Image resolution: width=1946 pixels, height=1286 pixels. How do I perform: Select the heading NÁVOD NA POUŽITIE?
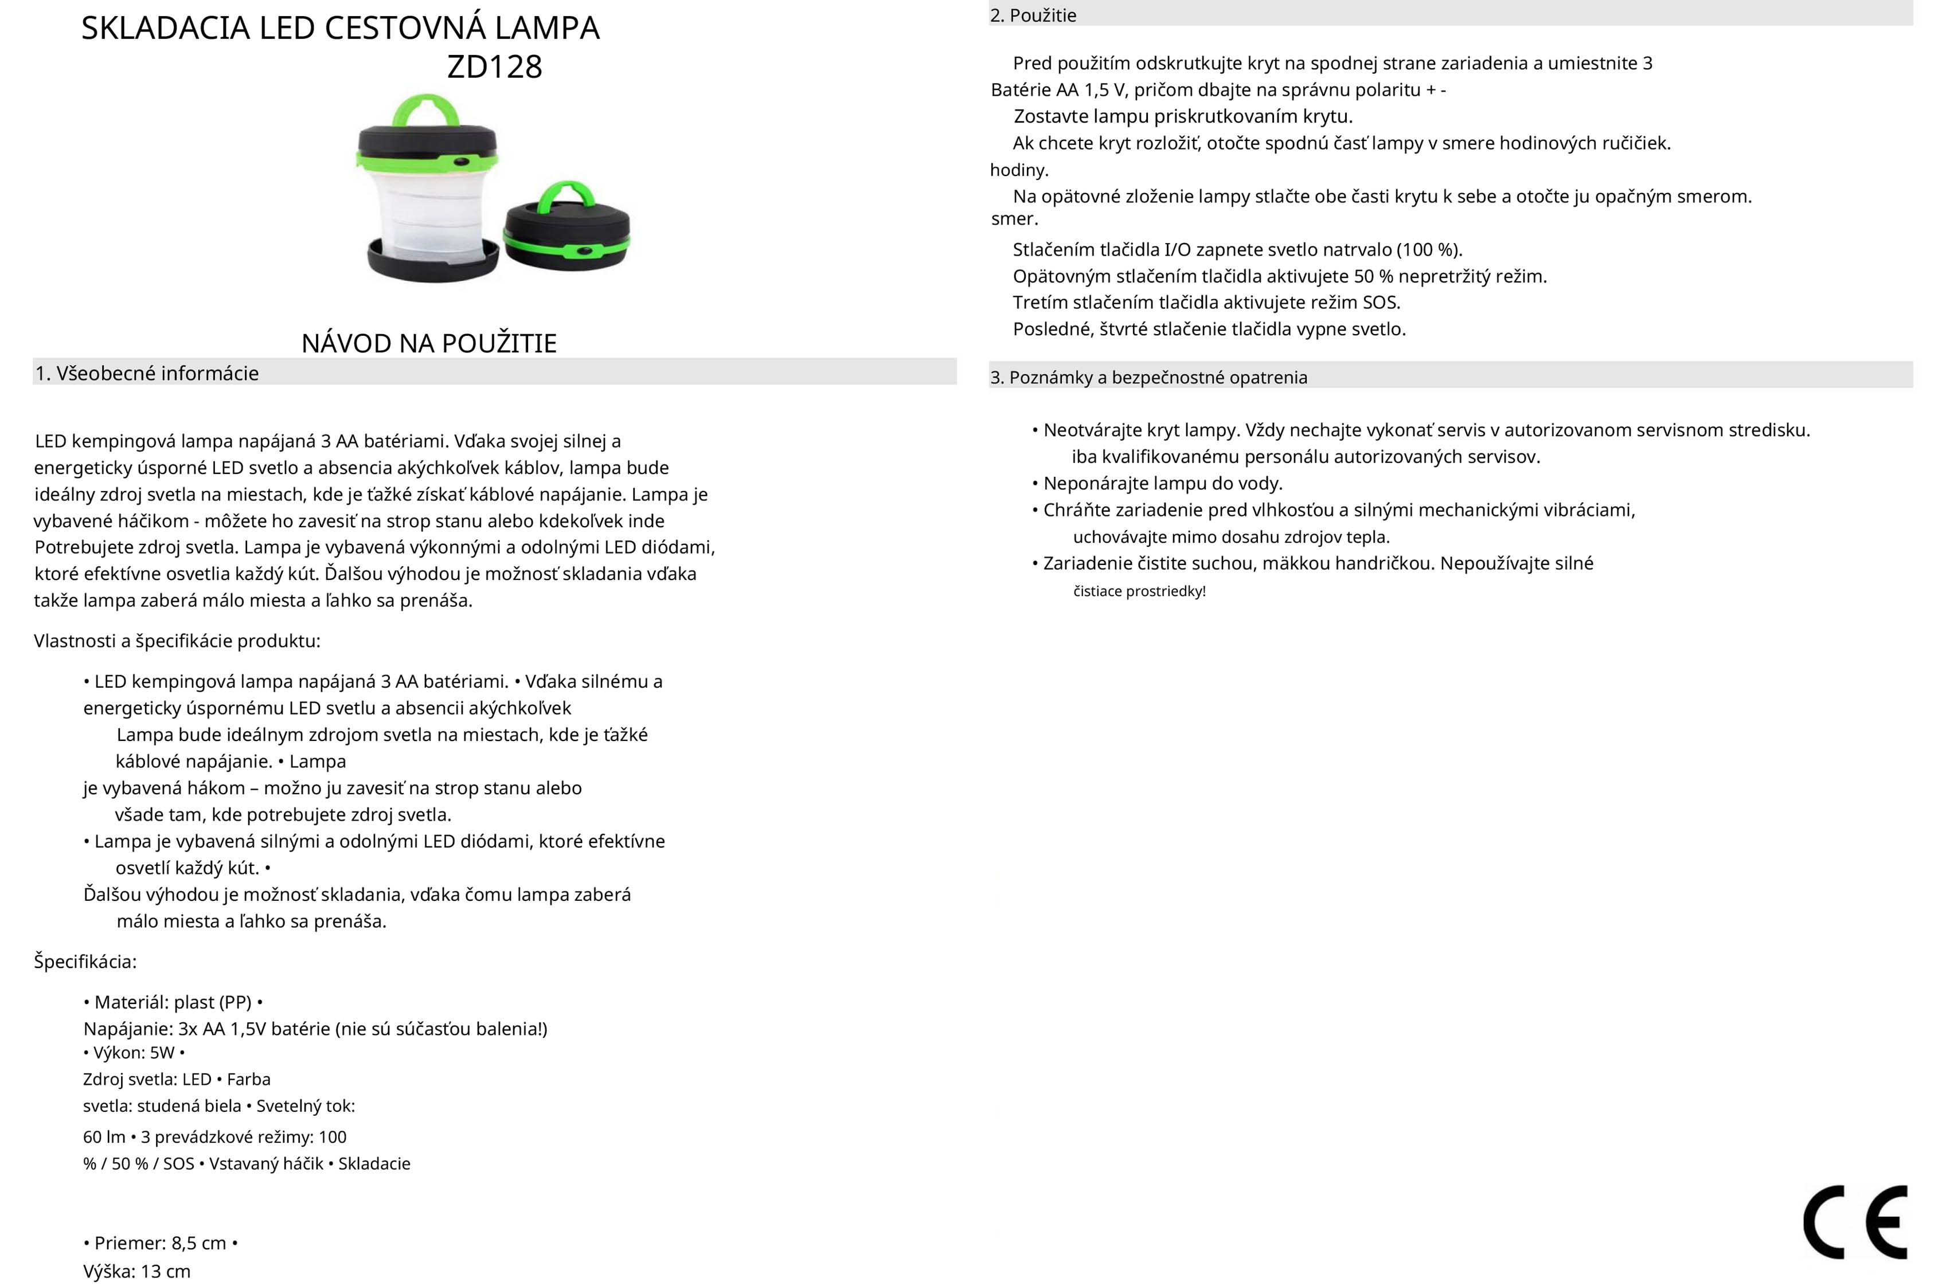(x=429, y=343)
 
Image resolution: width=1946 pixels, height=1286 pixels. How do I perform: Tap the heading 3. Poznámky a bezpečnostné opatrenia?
(x=1148, y=377)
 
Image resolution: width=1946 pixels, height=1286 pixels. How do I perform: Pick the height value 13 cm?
(x=166, y=1271)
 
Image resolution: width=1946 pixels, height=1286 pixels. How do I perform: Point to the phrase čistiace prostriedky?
(x=1139, y=591)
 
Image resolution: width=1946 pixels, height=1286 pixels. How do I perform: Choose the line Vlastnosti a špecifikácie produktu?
(x=177, y=641)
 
